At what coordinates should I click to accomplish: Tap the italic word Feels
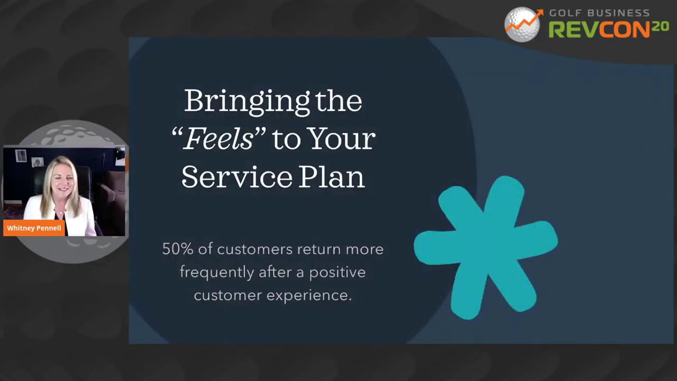click(x=218, y=139)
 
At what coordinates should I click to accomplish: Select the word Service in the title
click(x=237, y=177)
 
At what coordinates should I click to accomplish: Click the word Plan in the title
click(x=332, y=177)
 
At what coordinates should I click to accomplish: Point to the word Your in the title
click(x=342, y=139)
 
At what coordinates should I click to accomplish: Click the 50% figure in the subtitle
click(x=178, y=249)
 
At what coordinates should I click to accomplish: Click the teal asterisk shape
click(x=486, y=247)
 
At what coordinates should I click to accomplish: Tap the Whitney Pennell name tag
click(x=34, y=228)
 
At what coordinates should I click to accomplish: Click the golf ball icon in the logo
click(x=522, y=25)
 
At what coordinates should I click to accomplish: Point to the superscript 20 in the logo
click(x=660, y=26)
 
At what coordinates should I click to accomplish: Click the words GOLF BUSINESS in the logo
click(x=599, y=13)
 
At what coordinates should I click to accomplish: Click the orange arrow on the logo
click(x=524, y=21)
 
